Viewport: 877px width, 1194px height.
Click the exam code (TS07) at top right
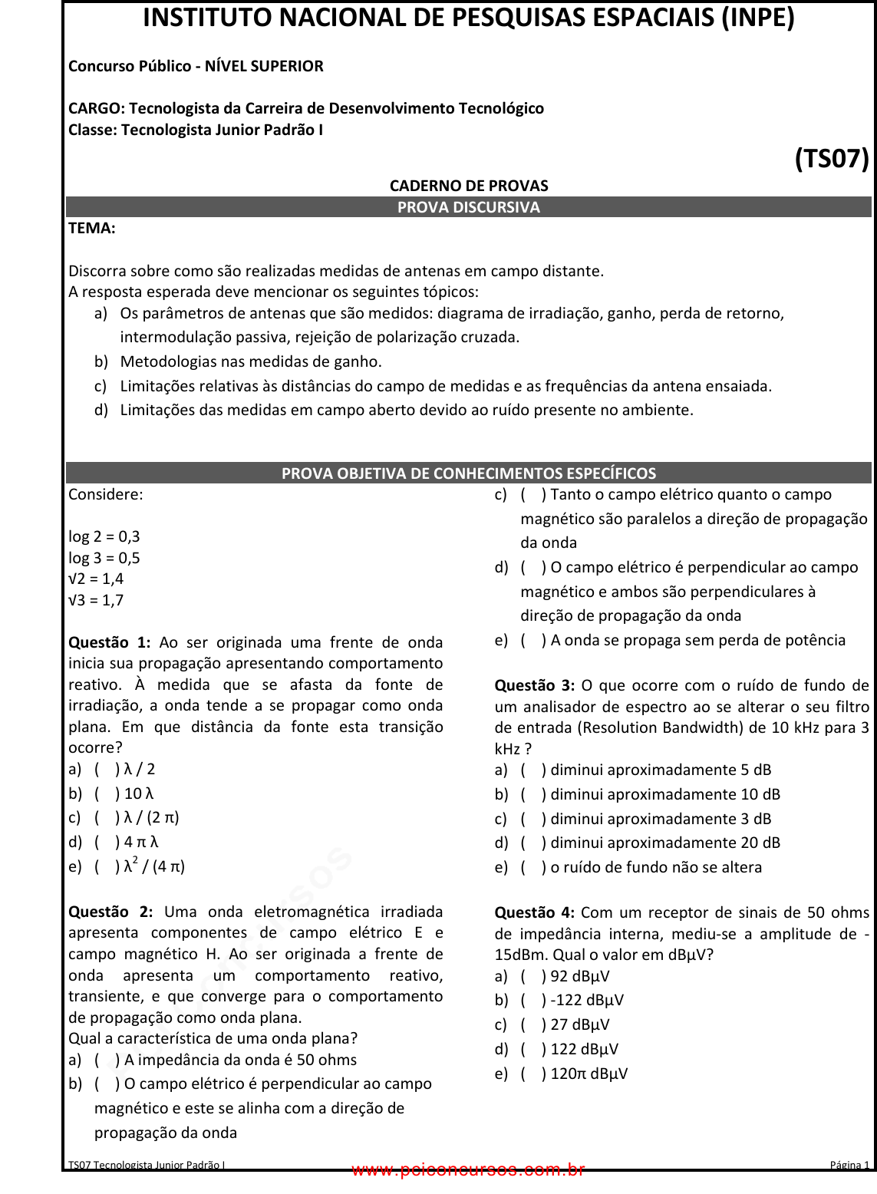point(832,159)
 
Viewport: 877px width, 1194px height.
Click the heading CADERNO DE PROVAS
point(469,186)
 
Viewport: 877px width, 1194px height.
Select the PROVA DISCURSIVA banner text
point(469,207)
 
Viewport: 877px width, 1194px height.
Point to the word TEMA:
point(92,228)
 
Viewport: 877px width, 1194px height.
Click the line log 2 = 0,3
point(104,536)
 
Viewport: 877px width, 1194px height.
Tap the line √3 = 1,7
point(96,600)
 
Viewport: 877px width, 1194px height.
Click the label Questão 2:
point(110,912)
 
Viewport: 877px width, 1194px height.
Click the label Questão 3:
point(535,685)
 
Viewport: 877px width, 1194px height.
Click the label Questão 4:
point(535,912)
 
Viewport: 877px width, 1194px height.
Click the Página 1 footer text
point(849,1165)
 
